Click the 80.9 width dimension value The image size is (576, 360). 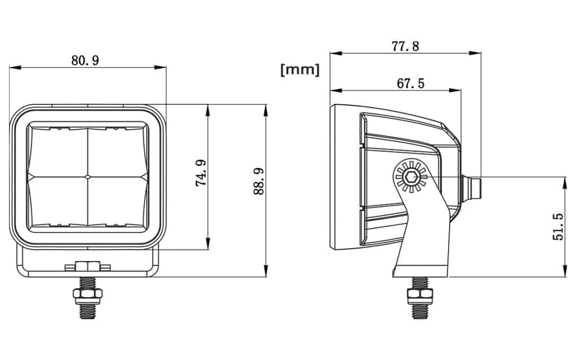(85, 60)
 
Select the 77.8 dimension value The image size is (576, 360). (406, 46)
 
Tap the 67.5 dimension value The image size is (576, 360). (410, 83)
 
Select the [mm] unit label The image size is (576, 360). (300, 69)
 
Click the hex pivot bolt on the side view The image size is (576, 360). (410, 176)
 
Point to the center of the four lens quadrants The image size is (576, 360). (86, 175)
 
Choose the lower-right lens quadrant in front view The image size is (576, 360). (115, 201)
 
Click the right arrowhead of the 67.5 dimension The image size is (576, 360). (458, 90)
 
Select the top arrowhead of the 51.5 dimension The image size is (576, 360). (562, 180)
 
